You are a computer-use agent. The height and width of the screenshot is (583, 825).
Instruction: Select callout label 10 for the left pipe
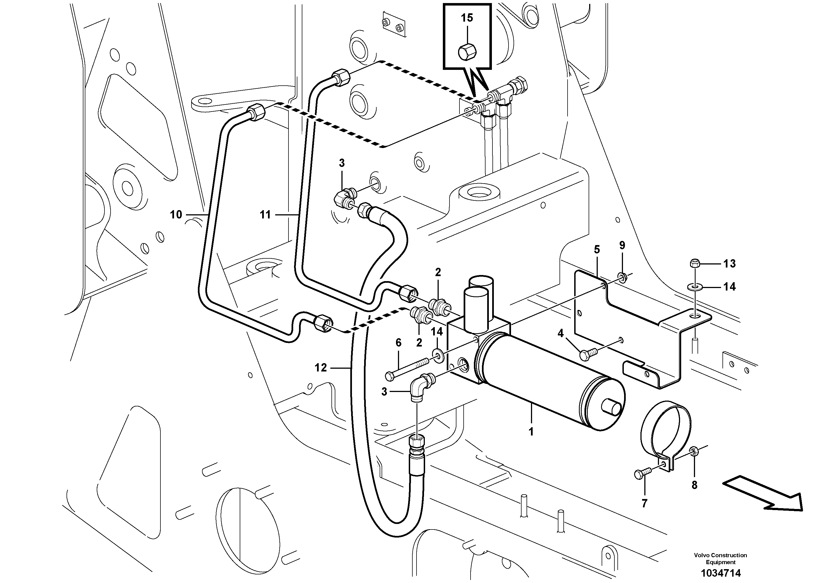176,215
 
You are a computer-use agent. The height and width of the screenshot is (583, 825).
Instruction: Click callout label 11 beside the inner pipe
265,215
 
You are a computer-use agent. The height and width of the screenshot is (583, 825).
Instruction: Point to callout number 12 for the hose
321,367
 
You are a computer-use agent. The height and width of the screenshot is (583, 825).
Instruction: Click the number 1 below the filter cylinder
531,431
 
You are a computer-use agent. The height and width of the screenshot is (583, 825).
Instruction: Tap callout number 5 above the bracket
597,249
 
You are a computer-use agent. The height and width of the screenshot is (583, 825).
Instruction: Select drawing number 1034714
721,572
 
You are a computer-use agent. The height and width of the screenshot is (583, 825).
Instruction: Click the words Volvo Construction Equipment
721,559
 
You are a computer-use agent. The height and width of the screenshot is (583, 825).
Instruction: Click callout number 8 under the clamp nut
694,485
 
